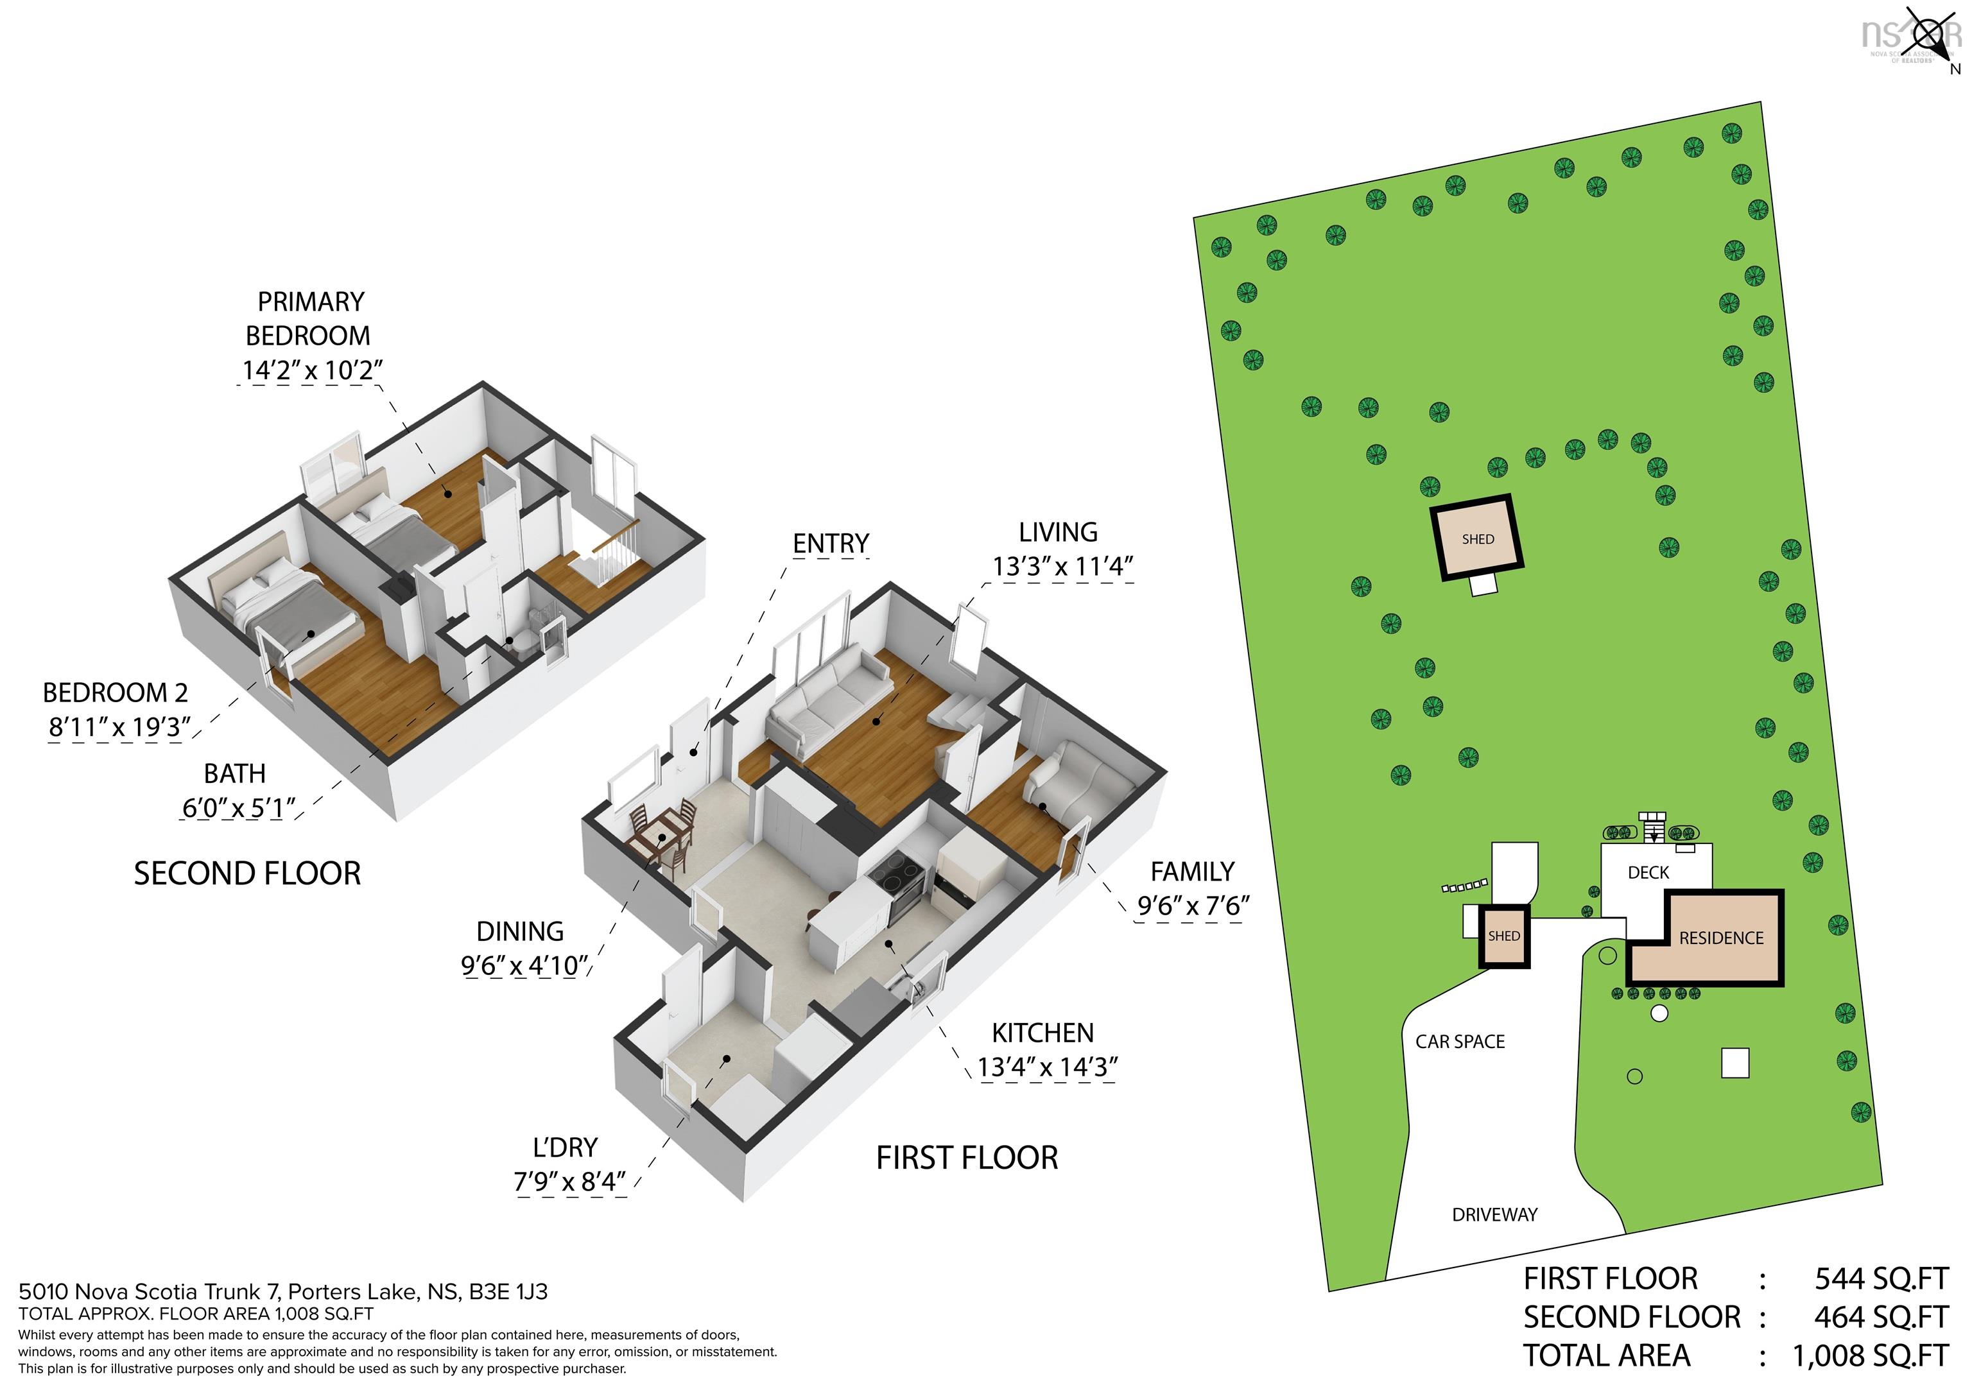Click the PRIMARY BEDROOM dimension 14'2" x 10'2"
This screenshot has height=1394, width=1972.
coord(311,370)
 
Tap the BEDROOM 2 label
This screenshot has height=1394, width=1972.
coord(115,693)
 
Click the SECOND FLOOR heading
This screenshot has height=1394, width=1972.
coord(247,873)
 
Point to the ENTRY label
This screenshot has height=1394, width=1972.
coord(831,544)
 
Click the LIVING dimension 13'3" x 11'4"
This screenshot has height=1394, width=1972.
coord(1062,567)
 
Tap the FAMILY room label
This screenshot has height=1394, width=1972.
coord(1192,872)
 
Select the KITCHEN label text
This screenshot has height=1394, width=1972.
coord(1042,1033)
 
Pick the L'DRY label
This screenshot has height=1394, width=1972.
coord(565,1148)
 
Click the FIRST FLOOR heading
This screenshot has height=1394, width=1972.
coord(967,1158)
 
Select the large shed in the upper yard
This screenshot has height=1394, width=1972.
coord(1477,538)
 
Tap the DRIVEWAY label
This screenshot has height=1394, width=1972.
coord(1494,1214)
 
